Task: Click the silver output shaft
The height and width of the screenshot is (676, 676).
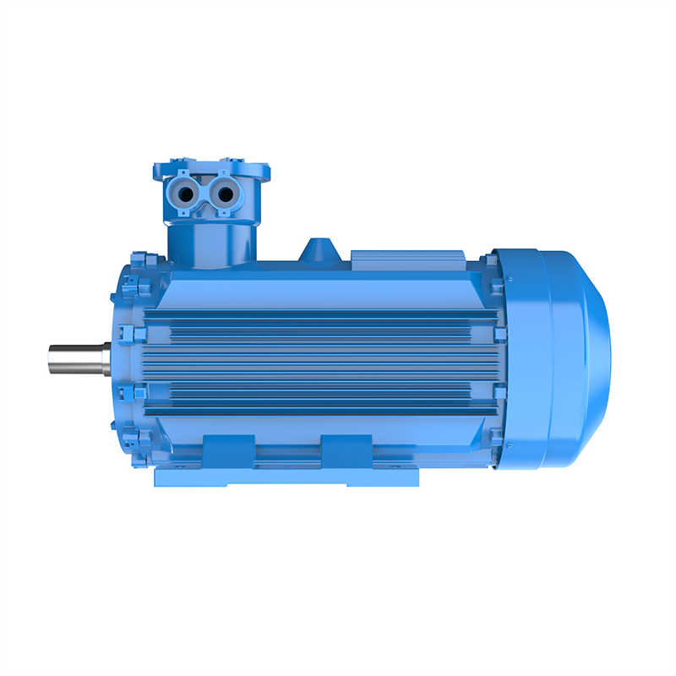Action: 76,359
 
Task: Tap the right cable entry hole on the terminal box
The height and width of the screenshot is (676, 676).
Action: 225,194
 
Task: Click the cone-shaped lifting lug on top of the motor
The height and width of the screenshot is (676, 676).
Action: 319,250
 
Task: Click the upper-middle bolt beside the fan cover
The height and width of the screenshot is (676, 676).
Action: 499,334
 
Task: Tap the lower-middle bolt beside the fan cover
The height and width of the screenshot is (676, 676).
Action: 499,391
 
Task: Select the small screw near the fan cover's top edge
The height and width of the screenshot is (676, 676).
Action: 510,282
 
